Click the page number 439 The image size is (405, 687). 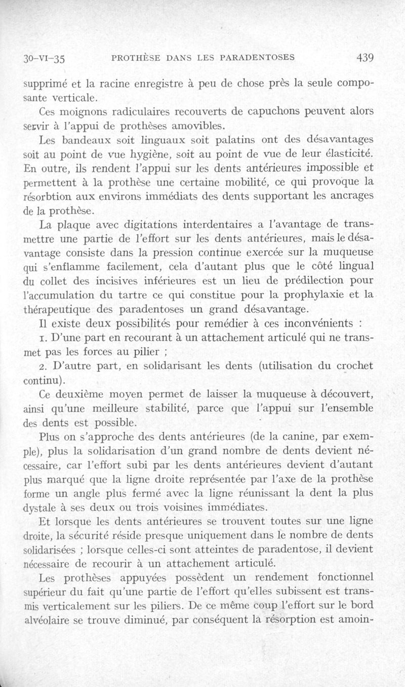coord(364,58)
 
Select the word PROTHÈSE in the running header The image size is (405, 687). coord(135,58)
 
